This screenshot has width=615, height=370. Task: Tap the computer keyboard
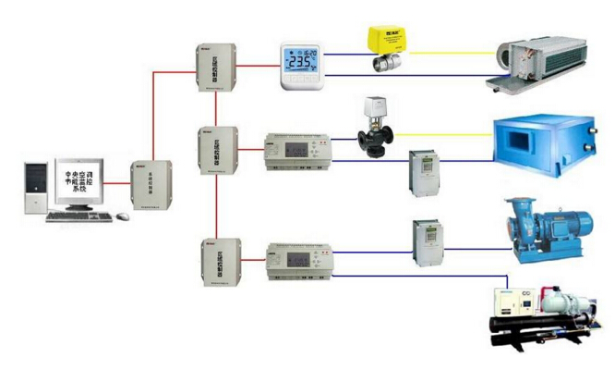coord(79,216)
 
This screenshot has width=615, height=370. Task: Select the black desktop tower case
coord(34,188)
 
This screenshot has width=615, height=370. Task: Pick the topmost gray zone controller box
coord(209,68)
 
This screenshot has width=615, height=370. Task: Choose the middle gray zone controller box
coord(211,152)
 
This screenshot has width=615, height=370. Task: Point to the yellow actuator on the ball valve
coord(388,39)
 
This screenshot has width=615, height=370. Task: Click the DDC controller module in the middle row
coord(297,150)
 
